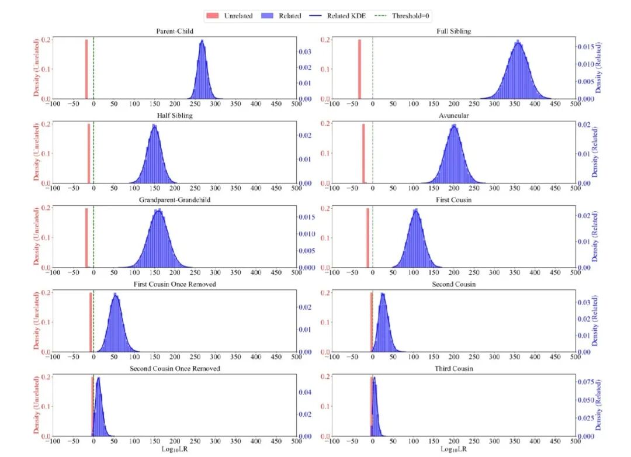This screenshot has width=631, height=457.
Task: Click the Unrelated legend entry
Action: tap(230, 16)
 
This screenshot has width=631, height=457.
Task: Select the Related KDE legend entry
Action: tap(338, 16)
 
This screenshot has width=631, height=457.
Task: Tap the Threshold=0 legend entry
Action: tap(401, 16)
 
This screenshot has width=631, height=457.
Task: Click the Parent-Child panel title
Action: tap(175, 31)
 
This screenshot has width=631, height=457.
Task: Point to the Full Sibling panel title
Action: tap(453, 31)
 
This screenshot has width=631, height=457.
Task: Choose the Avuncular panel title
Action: tap(453, 116)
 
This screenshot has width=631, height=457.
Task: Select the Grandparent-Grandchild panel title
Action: tap(175, 200)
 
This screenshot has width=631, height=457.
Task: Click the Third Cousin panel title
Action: tap(453, 368)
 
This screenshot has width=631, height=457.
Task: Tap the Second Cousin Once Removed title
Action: tap(175, 368)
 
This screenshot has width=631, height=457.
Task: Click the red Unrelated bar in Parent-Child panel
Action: tap(86, 69)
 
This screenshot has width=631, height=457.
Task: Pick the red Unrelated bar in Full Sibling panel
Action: tap(359, 69)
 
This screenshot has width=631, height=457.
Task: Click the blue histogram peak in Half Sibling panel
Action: tap(154, 126)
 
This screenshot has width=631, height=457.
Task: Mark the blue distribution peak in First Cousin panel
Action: tap(415, 210)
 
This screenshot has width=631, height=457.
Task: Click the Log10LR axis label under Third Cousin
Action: tap(453, 449)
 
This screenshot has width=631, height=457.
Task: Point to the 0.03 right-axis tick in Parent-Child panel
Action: tap(305, 51)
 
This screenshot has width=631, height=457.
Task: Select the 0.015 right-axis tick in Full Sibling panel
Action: tap(585, 47)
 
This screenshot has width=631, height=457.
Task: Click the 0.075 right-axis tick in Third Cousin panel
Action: tap(585, 381)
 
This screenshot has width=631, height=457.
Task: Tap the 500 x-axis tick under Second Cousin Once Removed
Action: tap(297, 441)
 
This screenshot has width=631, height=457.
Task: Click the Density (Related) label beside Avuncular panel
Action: tap(595, 152)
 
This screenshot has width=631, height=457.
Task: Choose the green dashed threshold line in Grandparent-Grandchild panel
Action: tap(93, 237)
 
